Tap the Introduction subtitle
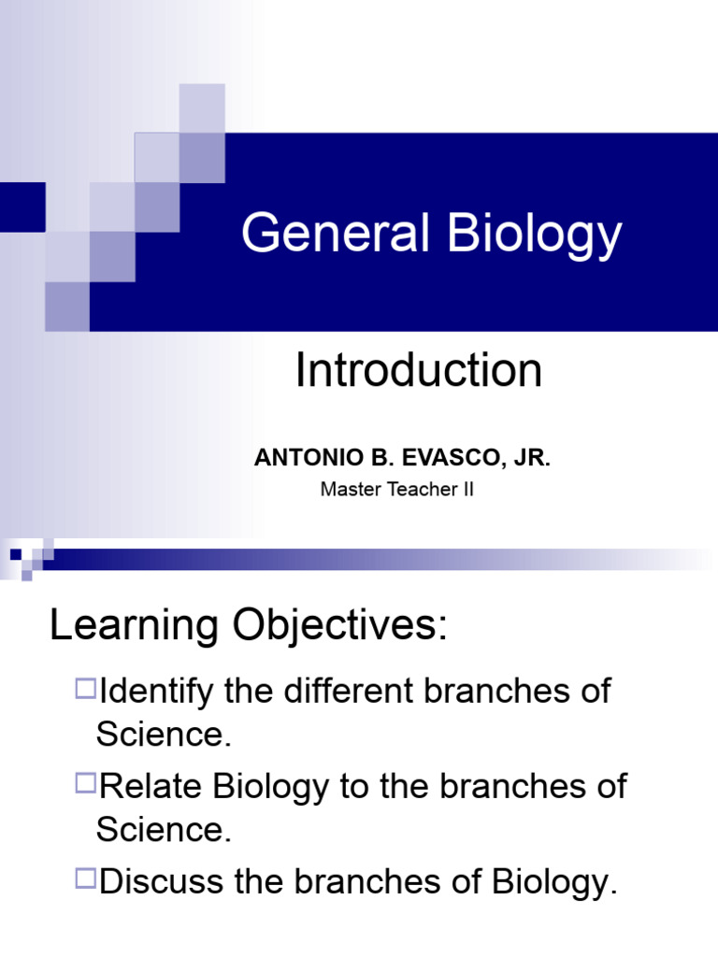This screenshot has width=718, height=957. click(418, 371)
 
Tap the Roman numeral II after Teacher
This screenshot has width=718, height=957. click(467, 489)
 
